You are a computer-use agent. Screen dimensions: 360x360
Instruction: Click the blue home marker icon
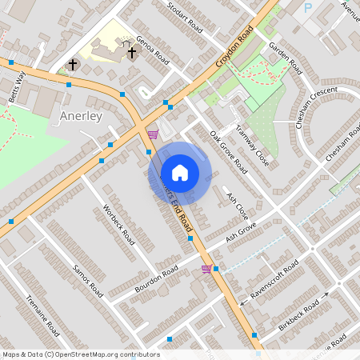click(x=180, y=173)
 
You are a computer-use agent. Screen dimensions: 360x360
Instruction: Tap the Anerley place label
click(x=82, y=116)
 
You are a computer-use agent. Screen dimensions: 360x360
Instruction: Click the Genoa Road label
click(x=153, y=50)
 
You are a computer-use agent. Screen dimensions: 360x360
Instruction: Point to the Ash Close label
click(x=238, y=206)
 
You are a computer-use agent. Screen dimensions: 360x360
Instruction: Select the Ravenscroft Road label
click(x=274, y=278)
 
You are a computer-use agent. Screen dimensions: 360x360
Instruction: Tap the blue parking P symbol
click(x=308, y=9)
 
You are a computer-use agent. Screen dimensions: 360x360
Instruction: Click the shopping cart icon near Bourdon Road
click(x=206, y=269)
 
